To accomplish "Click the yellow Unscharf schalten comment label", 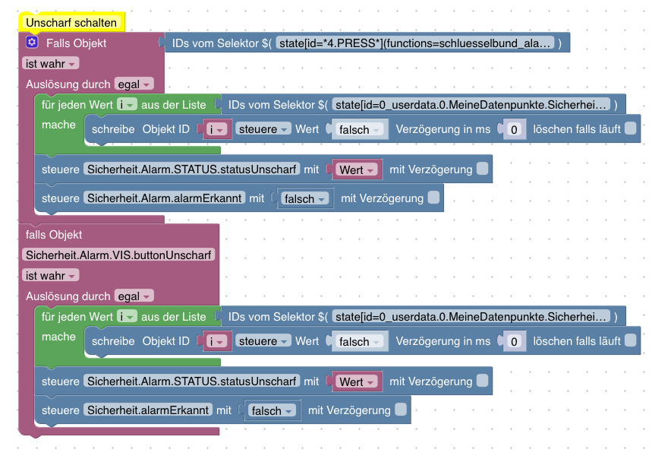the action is coord(71,23).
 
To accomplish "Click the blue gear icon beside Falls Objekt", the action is coord(32,42).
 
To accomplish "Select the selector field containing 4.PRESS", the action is coord(415,43).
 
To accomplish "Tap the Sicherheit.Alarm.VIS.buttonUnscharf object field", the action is coord(118,255).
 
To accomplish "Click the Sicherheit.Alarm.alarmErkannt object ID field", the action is coord(164,198).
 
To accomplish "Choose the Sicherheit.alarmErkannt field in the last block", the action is coord(148,410).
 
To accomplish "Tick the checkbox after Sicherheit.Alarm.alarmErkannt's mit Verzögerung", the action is coord(433,198).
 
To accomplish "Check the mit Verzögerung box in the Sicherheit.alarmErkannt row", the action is coord(401,410).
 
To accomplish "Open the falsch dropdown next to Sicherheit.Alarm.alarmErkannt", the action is coord(304,198).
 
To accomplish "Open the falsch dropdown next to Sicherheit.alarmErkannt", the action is coord(271,410).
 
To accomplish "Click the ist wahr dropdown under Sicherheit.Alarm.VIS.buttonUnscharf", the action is coord(50,276).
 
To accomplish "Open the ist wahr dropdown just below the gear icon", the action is coord(50,64).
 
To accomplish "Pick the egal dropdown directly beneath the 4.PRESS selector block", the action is coord(134,84).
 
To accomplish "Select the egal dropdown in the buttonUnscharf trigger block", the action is coord(134,296).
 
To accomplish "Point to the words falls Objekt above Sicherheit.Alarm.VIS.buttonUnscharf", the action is coord(54,235).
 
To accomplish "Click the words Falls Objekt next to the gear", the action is coord(76,43).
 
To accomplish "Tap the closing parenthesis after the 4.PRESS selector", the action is coord(559,43).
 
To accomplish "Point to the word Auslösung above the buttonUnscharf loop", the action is coord(49,296).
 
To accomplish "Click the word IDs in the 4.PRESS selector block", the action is coord(181,43).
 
